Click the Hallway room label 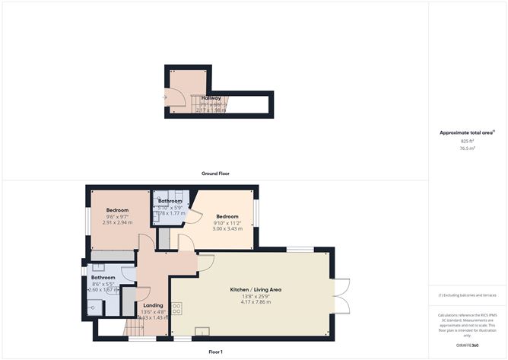[x=211, y=98]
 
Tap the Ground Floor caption [x=215, y=174]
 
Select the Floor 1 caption [x=215, y=352]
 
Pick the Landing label [x=152, y=305]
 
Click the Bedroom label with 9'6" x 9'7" [x=117, y=210]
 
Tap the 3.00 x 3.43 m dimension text [x=227, y=228]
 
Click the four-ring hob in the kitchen [x=177, y=308]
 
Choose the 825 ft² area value [x=467, y=141]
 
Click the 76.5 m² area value [x=467, y=148]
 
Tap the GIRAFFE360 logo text [x=467, y=346]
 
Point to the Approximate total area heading [x=466, y=132]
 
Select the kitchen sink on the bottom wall [x=203, y=331]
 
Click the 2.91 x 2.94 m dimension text [x=117, y=223]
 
